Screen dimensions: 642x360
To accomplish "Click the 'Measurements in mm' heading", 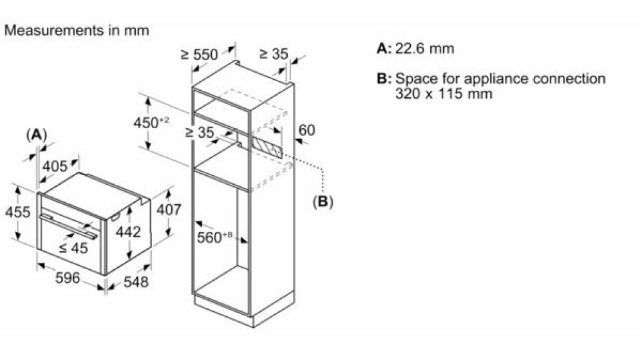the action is click(77, 30).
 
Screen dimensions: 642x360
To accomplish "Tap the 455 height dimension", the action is click(17, 212).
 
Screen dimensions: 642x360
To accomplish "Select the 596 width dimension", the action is click(68, 278).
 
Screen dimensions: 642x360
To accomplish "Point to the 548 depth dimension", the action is click(135, 282).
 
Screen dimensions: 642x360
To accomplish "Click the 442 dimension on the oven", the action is click(128, 232).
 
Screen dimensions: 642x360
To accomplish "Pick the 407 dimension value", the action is click(169, 210).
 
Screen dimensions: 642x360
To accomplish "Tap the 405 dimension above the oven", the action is click(55, 166).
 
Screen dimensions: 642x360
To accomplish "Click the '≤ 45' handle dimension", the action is click(73, 248).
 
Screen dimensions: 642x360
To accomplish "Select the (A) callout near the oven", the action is click(37, 135).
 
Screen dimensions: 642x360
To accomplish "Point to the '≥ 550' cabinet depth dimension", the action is click(200, 54).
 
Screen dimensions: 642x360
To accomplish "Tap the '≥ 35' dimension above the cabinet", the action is click(274, 53).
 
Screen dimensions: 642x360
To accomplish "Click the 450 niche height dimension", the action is click(151, 122).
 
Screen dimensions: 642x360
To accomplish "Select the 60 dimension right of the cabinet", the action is click(307, 130).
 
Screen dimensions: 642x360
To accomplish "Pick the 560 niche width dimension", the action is click(214, 237).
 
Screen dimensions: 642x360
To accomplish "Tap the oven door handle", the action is click(68, 225).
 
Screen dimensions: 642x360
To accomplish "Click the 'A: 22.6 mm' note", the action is click(415, 48).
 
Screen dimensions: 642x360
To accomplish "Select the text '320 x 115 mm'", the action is click(444, 93).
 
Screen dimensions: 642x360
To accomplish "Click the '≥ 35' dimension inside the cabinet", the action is click(200, 132).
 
